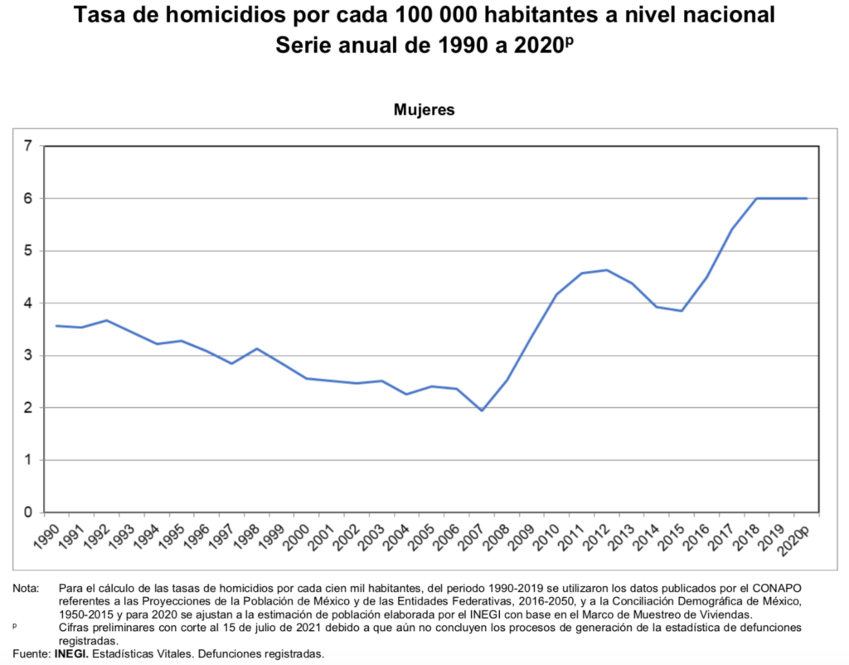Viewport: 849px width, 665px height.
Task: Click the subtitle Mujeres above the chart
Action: point(424,109)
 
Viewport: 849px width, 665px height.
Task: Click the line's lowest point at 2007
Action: point(481,410)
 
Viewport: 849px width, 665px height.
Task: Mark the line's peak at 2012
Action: point(608,270)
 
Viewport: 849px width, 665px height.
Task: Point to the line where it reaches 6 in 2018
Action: point(757,198)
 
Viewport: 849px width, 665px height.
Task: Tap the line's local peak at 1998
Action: point(258,349)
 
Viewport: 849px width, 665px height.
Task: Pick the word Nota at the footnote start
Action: point(26,589)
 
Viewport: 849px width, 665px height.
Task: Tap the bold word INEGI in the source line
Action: point(72,654)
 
